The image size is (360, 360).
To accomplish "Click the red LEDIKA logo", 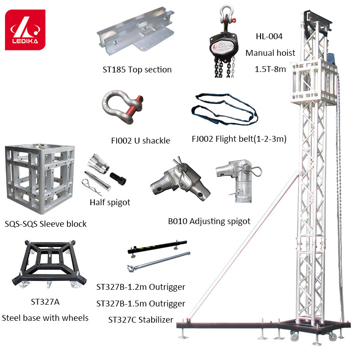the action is [x=25, y=30].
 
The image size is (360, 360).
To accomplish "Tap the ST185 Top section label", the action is [x=137, y=70].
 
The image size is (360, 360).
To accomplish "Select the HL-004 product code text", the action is [x=269, y=36].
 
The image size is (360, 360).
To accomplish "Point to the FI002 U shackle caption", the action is [x=140, y=140].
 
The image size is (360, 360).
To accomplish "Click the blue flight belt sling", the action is [x=225, y=109].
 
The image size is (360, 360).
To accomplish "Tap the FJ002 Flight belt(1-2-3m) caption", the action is [x=239, y=139].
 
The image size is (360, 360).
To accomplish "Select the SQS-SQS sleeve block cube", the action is [x=40, y=179].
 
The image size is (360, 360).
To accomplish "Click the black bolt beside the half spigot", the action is [x=118, y=179].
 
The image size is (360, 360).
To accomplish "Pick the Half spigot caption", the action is [x=110, y=202].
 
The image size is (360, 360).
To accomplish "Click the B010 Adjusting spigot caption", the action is [x=209, y=221].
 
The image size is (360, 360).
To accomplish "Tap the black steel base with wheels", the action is [x=49, y=264].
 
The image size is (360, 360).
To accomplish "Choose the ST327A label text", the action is [x=45, y=301].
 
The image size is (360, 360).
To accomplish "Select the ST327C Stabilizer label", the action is [x=141, y=319].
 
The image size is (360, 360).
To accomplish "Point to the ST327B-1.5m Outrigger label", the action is [x=141, y=303].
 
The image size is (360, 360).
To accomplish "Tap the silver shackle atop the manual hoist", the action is [x=227, y=14].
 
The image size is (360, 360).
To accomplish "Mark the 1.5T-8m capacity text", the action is [x=270, y=69].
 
